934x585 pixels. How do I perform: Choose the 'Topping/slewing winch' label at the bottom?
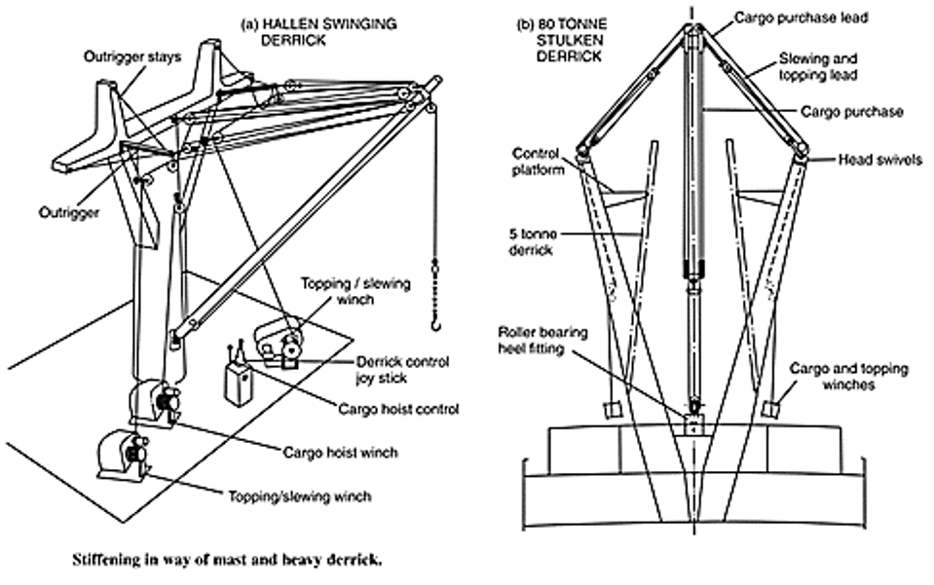[x=308, y=496]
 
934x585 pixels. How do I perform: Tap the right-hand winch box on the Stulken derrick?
[x=772, y=408]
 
